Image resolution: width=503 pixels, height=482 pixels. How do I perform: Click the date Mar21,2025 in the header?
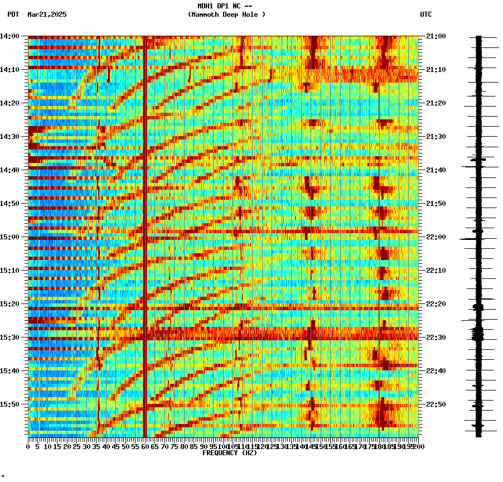pyautogui.click(x=47, y=15)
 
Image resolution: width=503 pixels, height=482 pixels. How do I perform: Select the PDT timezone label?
pyautogui.click(x=13, y=15)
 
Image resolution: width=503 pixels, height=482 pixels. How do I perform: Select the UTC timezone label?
pyautogui.click(x=425, y=15)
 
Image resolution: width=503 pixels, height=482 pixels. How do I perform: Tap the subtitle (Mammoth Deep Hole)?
pyautogui.click(x=226, y=15)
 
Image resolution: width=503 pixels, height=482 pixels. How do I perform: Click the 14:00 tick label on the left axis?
pyautogui.click(x=10, y=36)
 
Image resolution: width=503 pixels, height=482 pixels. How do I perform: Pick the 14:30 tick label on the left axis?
pyautogui.click(x=10, y=137)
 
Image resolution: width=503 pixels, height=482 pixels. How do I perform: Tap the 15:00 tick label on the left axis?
pyautogui.click(x=10, y=237)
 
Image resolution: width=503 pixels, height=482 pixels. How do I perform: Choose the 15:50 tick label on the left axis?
pyautogui.click(x=10, y=404)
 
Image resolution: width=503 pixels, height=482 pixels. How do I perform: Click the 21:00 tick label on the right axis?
pyautogui.click(x=436, y=36)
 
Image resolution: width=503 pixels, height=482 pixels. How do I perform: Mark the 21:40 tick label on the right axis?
pyautogui.click(x=436, y=170)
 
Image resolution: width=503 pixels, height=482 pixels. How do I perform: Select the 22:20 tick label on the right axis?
pyautogui.click(x=436, y=304)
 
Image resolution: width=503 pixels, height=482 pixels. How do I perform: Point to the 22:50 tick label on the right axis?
pyautogui.click(x=436, y=404)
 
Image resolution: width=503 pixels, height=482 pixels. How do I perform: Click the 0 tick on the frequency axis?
pyautogui.click(x=28, y=447)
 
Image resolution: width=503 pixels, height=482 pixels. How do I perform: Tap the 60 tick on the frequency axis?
pyautogui.click(x=145, y=447)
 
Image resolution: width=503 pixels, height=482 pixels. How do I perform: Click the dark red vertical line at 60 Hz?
pyautogui.click(x=145, y=223)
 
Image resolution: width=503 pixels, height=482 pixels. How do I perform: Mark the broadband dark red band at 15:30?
pyautogui.click(x=223, y=338)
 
